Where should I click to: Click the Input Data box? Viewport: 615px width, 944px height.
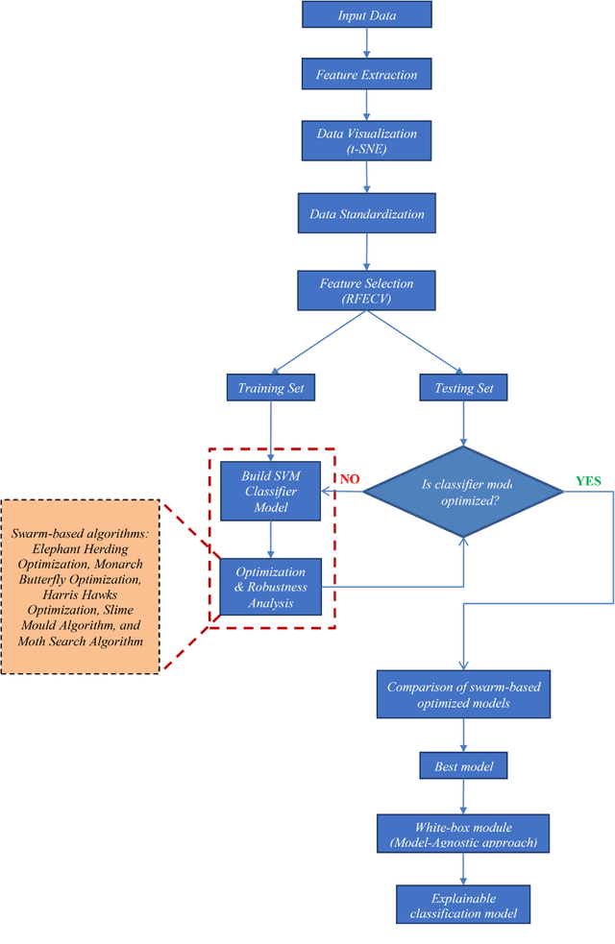click(x=367, y=15)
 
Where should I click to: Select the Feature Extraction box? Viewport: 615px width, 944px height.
click(x=367, y=74)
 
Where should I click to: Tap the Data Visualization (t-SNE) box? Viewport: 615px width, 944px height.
click(x=367, y=140)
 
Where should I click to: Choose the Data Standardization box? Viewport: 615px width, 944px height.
click(x=367, y=212)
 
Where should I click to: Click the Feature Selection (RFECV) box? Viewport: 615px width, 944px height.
click(x=367, y=291)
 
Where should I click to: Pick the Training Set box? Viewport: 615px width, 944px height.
click(x=271, y=388)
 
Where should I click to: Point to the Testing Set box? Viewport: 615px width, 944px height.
click(x=464, y=388)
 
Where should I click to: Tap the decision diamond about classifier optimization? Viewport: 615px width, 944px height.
click(x=464, y=492)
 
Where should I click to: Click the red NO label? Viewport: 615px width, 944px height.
click(x=348, y=478)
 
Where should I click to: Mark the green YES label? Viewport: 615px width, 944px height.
click(x=589, y=479)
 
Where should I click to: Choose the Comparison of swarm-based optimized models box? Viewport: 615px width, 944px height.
click(x=464, y=694)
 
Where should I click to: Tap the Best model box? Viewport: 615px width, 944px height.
click(x=464, y=765)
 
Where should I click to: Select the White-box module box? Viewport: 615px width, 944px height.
click(x=464, y=834)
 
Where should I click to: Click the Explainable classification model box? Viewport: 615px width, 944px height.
click(x=464, y=904)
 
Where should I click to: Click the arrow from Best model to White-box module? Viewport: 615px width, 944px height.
click(x=464, y=796)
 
